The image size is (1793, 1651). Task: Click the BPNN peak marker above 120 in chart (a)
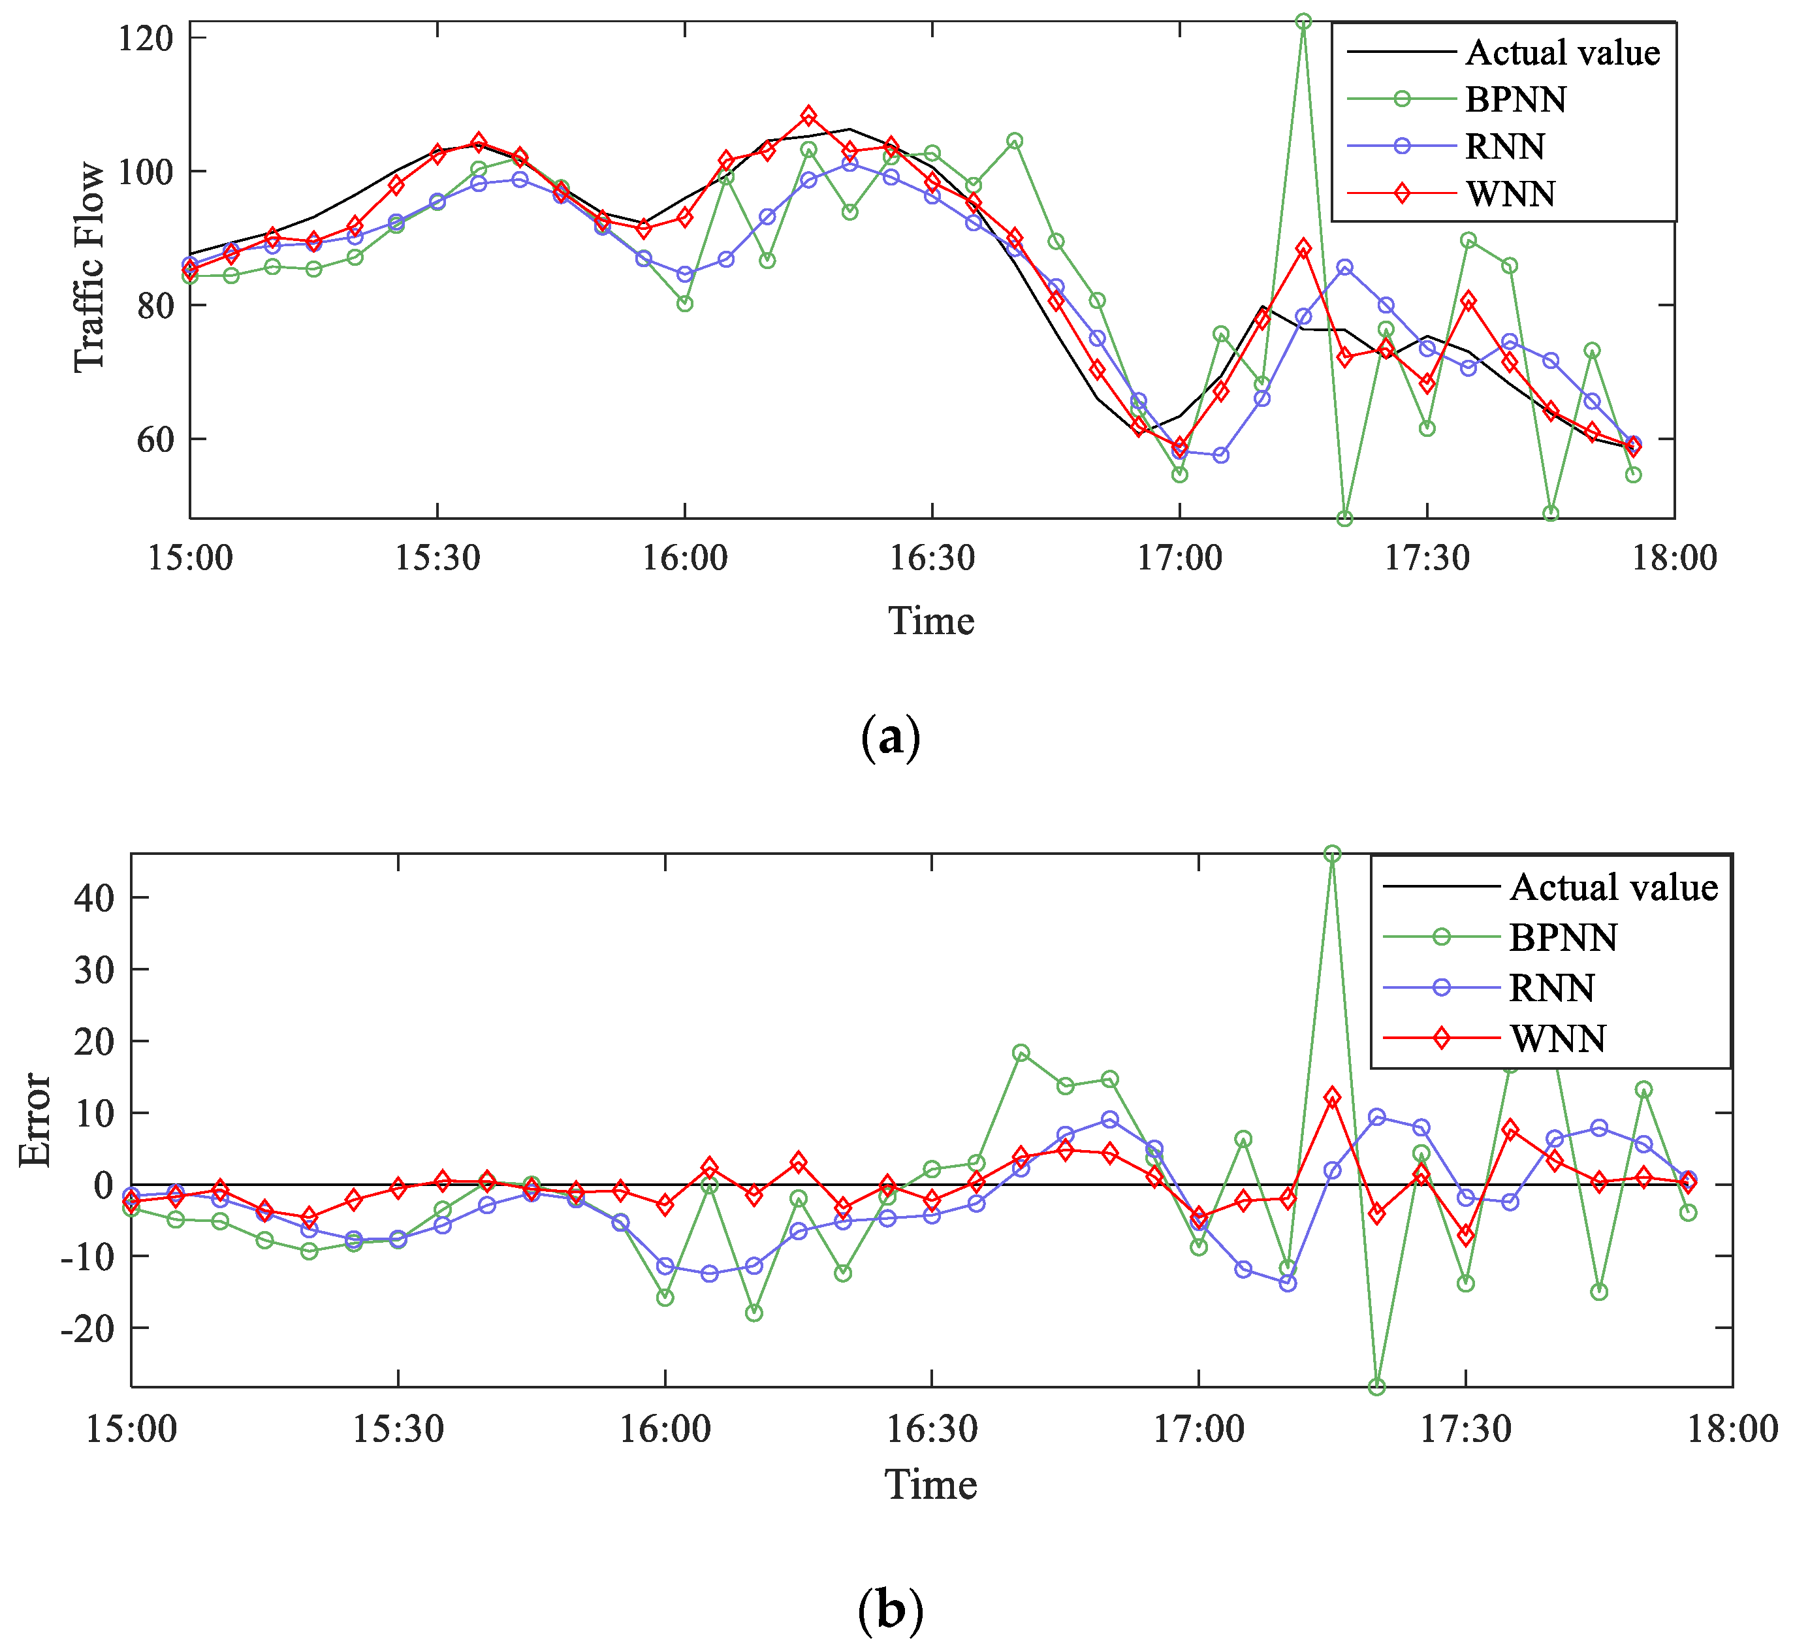pyautogui.click(x=1303, y=22)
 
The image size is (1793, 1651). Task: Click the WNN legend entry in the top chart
pyautogui.click(x=1510, y=194)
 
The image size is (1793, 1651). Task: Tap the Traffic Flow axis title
pyautogui.click(x=89, y=266)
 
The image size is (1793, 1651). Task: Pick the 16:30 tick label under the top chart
pyautogui.click(x=932, y=558)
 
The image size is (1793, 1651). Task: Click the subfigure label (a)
pyautogui.click(x=890, y=737)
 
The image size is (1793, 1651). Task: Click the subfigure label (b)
pyautogui.click(x=890, y=1610)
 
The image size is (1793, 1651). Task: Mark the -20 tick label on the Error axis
pyautogui.click(x=87, y=1328)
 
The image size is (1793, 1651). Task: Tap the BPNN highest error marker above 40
pyautogui.click(x=1332, y=854)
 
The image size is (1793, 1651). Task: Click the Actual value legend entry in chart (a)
pyautogui.click(x=1562, y=53)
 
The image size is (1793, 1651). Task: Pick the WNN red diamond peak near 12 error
pyautogui.click(x=1332, y=1097)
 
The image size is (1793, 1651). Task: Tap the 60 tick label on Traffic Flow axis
pyautogui.click(x=155, y=440)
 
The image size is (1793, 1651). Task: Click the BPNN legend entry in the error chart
pyautogui.click(x=1563, y=937)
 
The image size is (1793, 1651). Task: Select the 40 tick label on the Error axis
pyautogui.click(x=94, y=898)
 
